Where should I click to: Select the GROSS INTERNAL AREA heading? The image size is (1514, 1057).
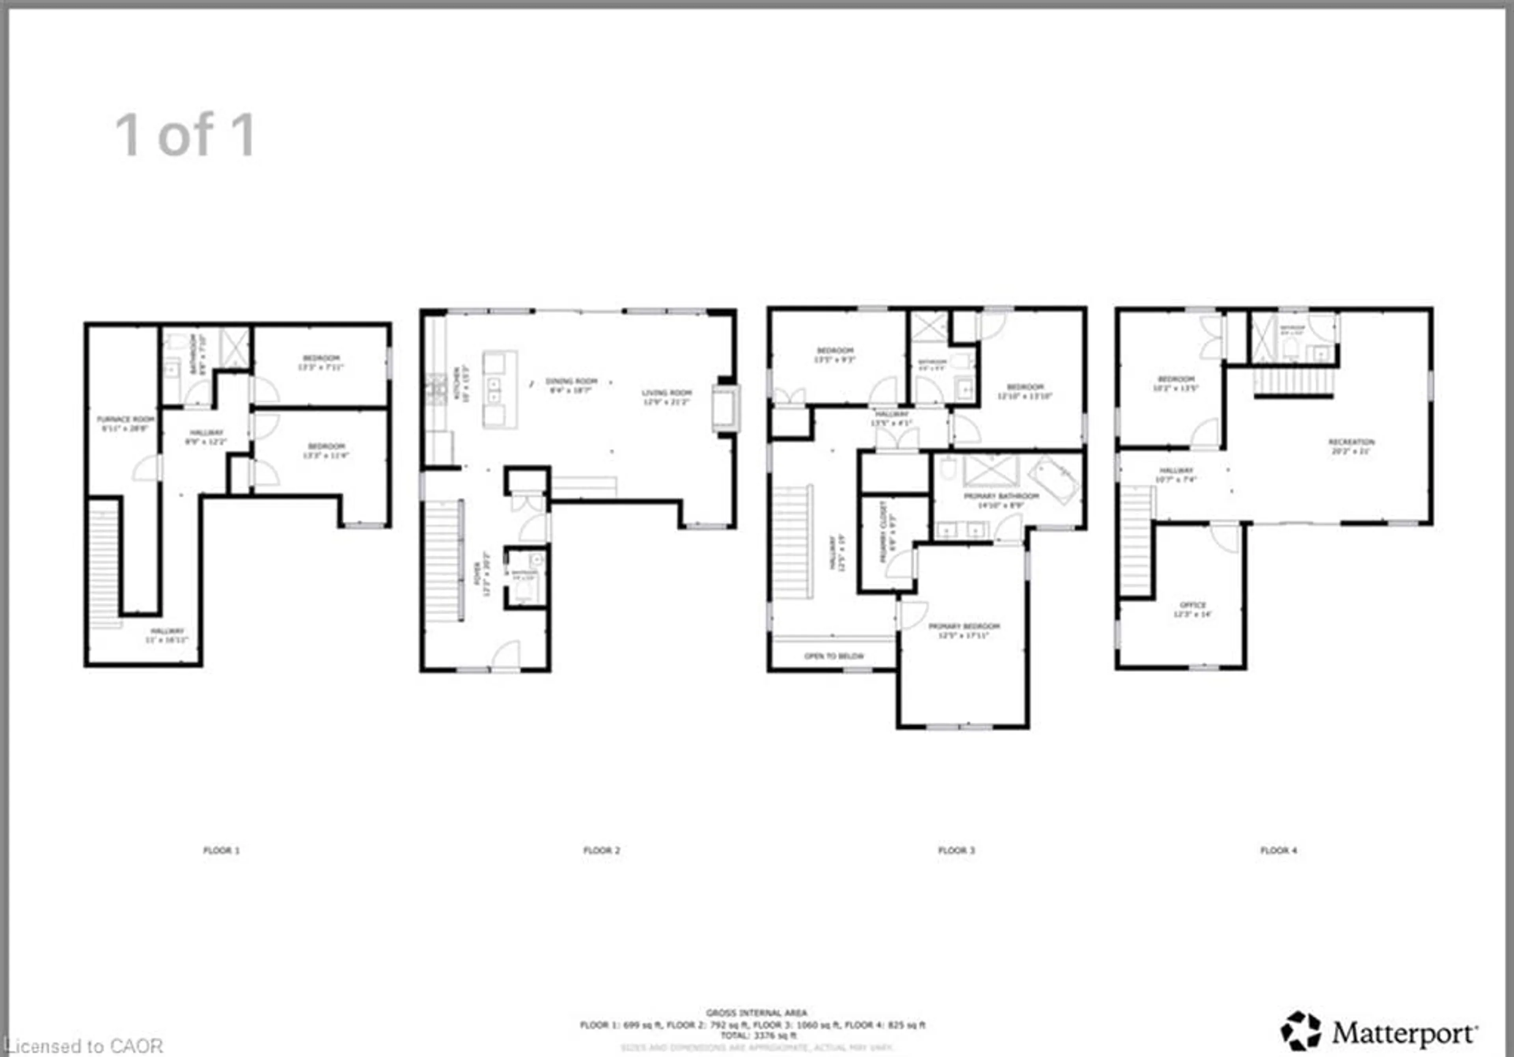pos(756,1012)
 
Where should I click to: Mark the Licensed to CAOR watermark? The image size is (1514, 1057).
pos(82,1046)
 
